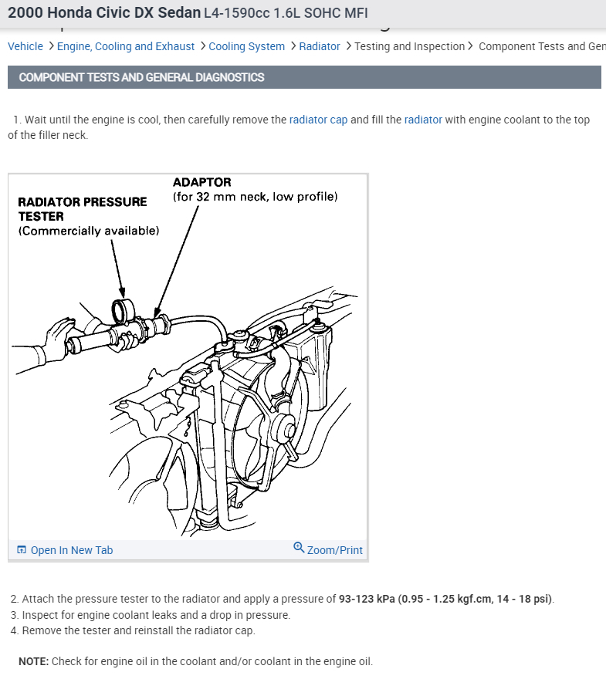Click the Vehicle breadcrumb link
coord(25,46)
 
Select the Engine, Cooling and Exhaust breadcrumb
coord(125,46)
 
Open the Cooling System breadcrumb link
coord(246,46)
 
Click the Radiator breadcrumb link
coord(320,46)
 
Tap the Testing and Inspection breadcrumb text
coord(409,46)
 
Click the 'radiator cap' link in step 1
coord(318,120)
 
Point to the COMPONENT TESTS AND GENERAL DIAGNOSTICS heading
coord(141,77)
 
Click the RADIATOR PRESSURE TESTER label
coord(82,202)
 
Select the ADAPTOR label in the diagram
coord(201,182)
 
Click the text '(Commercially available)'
coord(89,231)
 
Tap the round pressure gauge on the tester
coord(123,311)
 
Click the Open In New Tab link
coord(71,550)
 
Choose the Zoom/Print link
coord(334,550)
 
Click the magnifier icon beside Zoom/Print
coord(299,548)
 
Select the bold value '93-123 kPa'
coord(367,599)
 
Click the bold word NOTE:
coord(33,661)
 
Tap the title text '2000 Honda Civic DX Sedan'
coord(104,13)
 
